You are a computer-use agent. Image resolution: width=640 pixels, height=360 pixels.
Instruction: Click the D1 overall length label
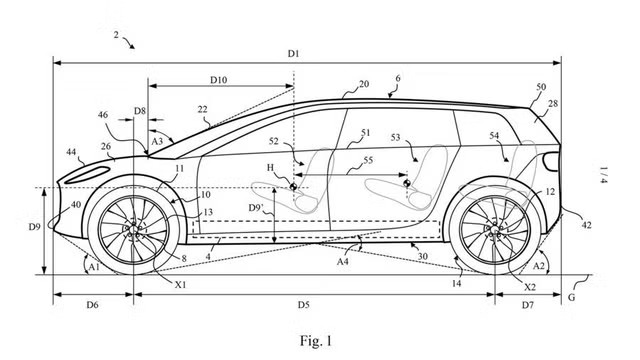coord(293,53)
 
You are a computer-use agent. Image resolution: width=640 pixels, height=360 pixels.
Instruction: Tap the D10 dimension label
coord(218,80)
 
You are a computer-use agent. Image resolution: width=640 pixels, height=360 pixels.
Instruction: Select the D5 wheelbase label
coord(303,304)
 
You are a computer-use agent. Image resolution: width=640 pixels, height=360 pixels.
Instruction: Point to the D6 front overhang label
coord(92,304)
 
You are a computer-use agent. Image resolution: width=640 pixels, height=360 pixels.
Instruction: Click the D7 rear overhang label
coord(527,304)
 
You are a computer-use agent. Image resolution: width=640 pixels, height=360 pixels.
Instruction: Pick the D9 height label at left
coord(34,226)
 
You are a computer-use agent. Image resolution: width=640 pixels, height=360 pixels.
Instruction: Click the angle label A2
coord(539,266)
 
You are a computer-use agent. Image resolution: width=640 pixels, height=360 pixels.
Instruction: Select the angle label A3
coord(157,142)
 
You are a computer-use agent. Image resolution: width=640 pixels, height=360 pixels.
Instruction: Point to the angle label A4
coord(342,261)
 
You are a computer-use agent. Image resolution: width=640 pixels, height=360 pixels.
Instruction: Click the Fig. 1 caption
coord(316,340)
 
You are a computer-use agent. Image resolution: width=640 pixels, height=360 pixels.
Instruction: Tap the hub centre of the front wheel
coord(133,229)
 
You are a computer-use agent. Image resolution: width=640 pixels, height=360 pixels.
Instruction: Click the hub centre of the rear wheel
coord(495,231)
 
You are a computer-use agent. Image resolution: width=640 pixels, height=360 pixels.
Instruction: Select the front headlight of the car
coord(87,175)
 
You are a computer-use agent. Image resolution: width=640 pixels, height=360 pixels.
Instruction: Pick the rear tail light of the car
coord(552,162)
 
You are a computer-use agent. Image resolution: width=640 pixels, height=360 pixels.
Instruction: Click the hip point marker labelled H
coord(293,186)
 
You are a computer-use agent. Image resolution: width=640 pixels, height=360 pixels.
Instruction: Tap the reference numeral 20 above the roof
coord(364,84)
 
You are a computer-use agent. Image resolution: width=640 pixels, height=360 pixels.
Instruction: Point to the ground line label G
coord(571,297)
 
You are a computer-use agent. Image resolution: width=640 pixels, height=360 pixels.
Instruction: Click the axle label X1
coord(180,284)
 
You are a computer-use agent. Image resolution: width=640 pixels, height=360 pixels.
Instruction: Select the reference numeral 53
coord(396,137)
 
